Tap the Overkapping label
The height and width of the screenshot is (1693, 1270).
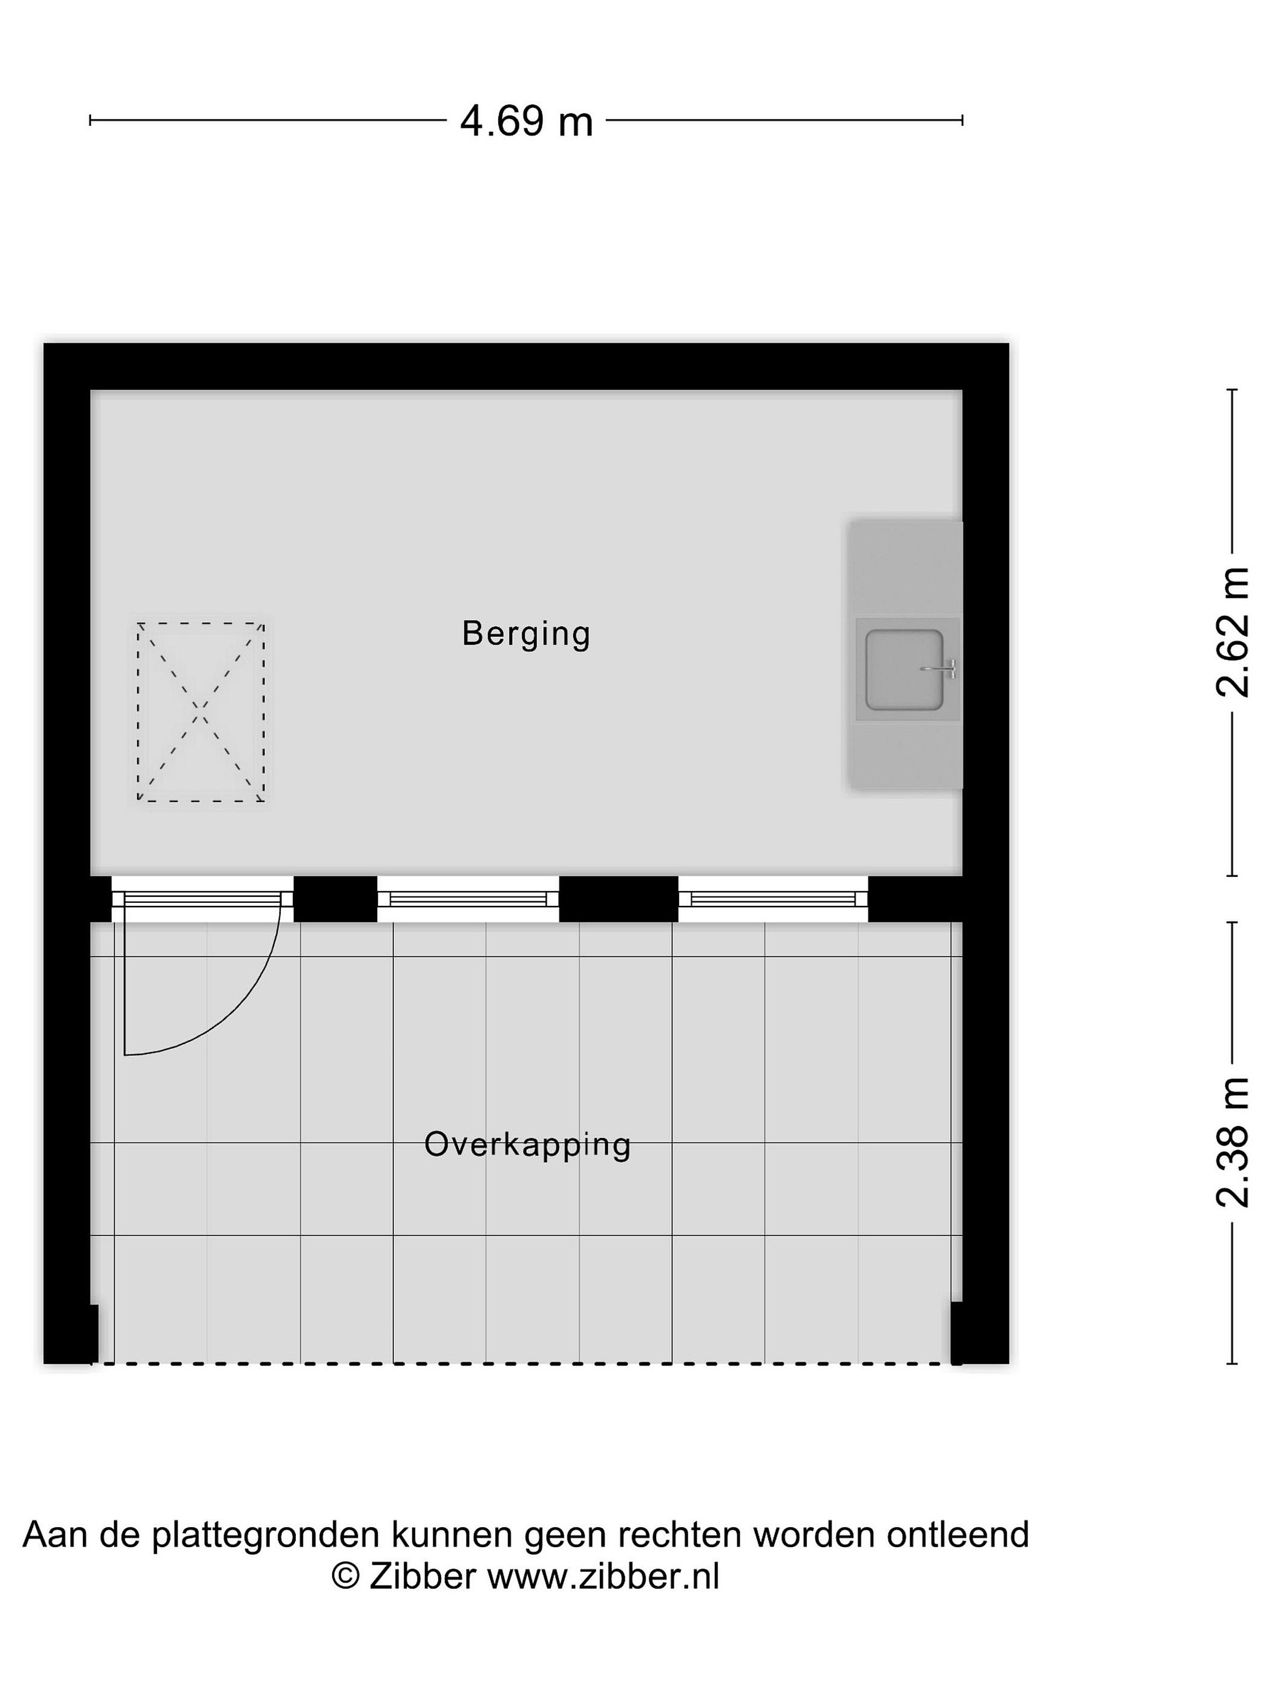point(527,1145)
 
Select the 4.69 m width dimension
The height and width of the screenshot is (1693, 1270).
point(527,121)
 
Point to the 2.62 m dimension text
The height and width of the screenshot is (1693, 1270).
point(1232,632)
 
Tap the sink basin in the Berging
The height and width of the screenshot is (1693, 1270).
point(904,670)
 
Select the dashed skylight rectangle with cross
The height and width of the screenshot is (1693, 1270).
point(200,712)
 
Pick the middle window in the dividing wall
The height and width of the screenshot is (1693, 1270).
point(468,899)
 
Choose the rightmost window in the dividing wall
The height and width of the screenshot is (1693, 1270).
point(773,899)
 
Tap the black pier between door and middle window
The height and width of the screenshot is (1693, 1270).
point(335,899)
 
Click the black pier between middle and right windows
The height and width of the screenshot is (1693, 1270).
point(619,899)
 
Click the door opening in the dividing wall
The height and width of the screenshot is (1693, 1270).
point(202,899)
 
